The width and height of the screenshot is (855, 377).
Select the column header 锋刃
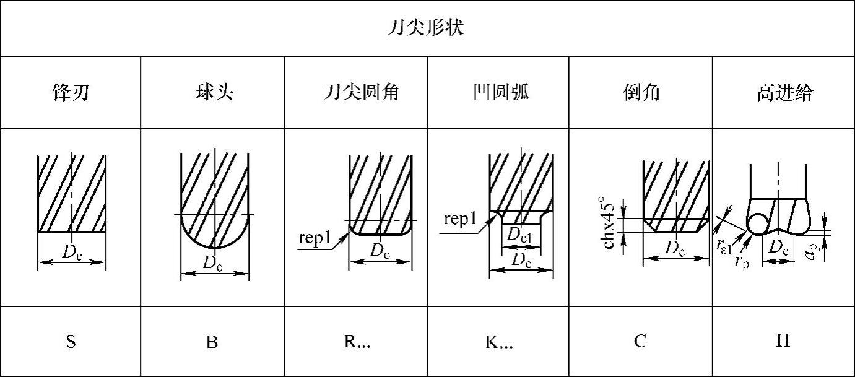click(x=70, y=93)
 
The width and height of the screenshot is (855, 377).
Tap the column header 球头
click(x=212, y=93)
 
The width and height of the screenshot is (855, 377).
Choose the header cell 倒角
click(x=640, y=93)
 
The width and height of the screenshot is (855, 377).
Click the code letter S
click(x=71, y=342)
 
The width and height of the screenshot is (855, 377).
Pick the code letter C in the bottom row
click(x=640, y=341)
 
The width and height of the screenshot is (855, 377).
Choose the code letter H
click(x=783, y=341)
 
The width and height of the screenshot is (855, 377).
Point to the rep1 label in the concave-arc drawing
click(x=460, y=220)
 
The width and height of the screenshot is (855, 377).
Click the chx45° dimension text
click(x=610, y=223)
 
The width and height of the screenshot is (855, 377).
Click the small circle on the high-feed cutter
click(x=757, y=224)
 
